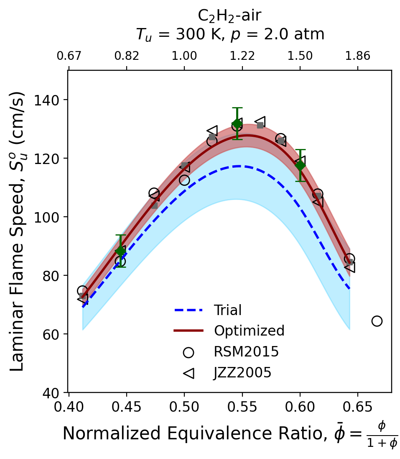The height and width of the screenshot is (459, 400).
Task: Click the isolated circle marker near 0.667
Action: click(x=377, y=321)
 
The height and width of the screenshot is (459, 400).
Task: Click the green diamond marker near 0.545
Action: click(x=237, y=123)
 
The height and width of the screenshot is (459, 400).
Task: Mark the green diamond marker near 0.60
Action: click(x=300, y=165)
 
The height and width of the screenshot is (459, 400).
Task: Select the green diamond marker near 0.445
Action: click(x=120, y=251)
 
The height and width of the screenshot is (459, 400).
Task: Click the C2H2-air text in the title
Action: click(x=229, y=16)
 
